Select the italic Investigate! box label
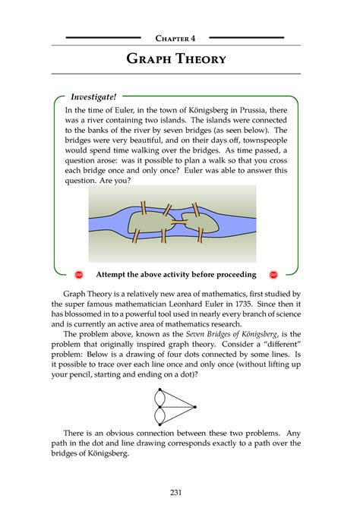pos(93,97)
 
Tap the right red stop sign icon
pos(273,274)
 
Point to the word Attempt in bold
pos(114,274)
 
